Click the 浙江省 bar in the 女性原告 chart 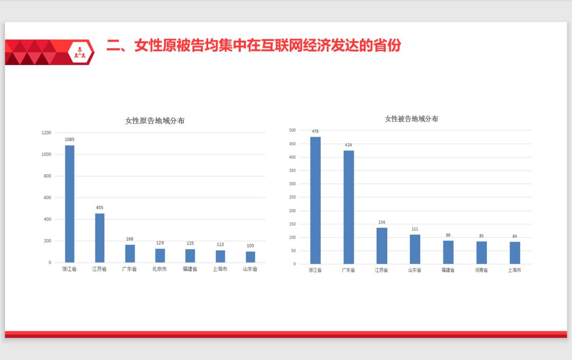tap(69, 204)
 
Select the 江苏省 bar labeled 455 tap(100, 238)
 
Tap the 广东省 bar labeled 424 tap(348, 207)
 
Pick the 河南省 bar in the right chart tap(481, 253)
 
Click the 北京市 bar tap(160, 255)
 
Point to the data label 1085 tap(69, 140)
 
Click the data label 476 tap(315, 131)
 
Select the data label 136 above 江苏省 tap(381, 222)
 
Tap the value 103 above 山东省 tap(250, 246)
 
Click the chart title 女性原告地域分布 tap(155, 121)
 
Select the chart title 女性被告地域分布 tap(412, 119)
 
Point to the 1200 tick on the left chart tap(47, 133)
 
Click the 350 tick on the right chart tap(292, 184)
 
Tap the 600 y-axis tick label tap(48, 197)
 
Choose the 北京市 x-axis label tap(159, 269)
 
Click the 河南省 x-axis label tap(481, 270)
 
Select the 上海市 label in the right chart tap(514, 270)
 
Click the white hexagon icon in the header tap(81, 52)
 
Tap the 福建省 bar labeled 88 tap(448, 252)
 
